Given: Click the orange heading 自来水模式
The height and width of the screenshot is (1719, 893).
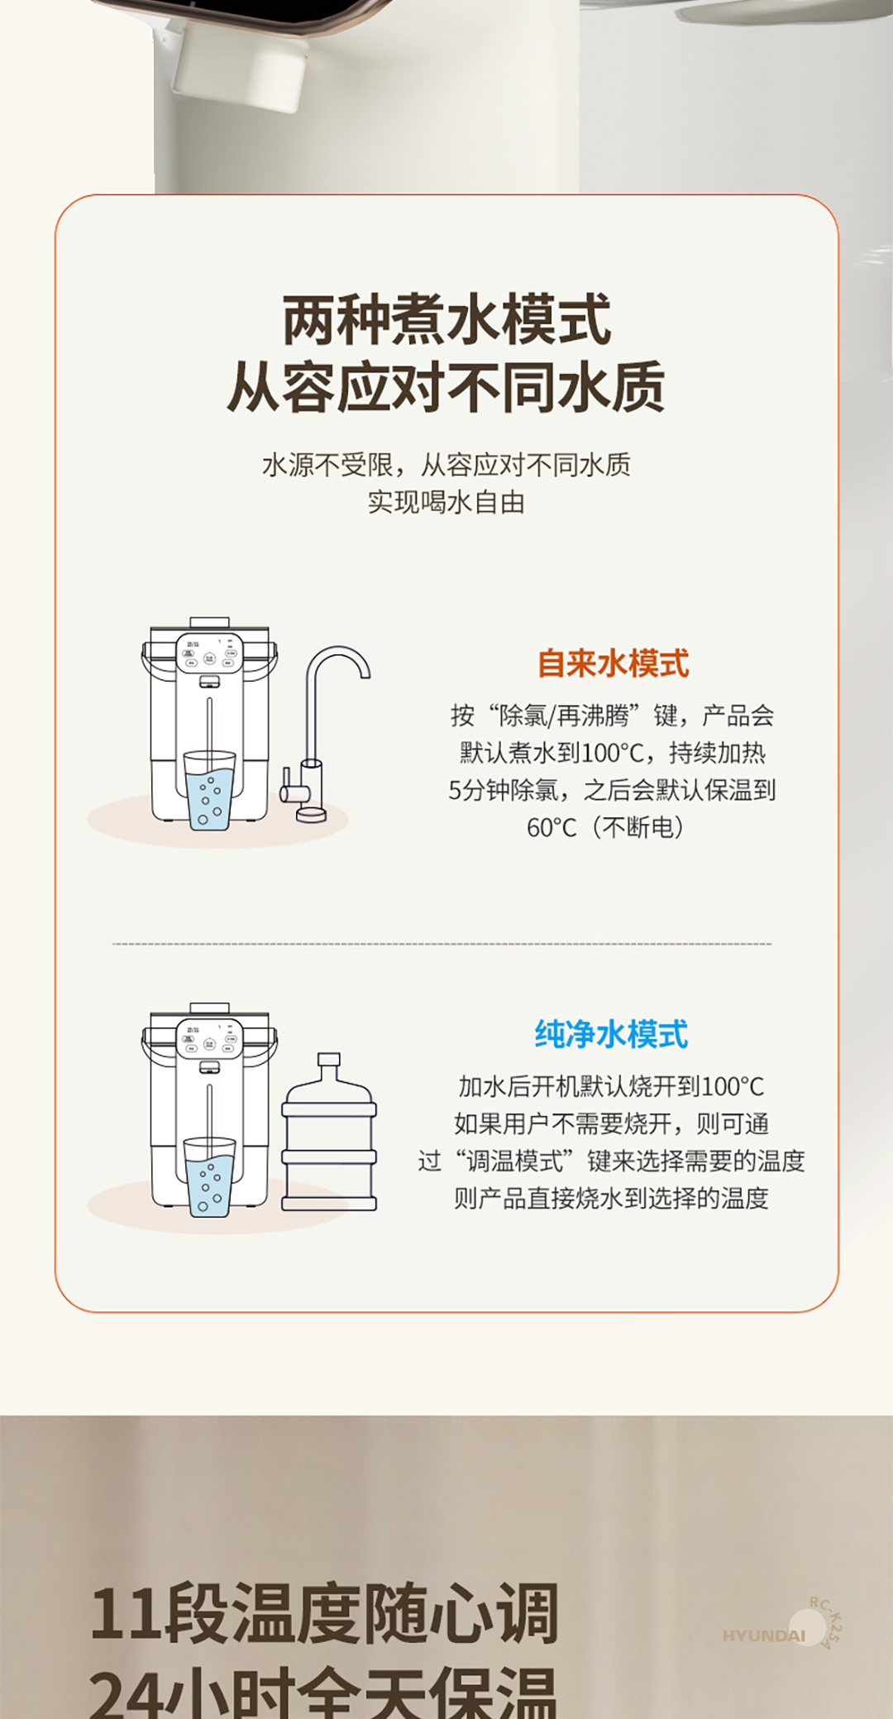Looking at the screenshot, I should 613,663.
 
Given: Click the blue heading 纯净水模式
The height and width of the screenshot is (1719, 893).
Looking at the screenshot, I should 611,1034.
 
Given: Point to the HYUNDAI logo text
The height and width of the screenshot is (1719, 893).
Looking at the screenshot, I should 763,1635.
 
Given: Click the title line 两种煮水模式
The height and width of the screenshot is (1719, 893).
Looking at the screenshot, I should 446,320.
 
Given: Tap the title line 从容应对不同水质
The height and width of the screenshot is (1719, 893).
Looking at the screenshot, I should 446,387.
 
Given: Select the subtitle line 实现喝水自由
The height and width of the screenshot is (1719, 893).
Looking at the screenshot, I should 446,502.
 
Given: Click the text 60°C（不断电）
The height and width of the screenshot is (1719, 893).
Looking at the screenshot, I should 605,826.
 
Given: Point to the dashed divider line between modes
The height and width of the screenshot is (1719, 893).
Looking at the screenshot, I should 442,943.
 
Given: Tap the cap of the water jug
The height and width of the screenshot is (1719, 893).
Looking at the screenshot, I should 329,1060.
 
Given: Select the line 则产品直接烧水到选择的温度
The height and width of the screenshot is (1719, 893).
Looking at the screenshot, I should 611,1198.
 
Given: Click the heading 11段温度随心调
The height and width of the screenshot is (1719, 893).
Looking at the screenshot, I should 324,1613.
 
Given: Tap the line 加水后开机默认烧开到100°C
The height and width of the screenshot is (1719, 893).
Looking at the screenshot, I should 611,1086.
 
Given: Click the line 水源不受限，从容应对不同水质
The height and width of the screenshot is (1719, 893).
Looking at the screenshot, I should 446,465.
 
